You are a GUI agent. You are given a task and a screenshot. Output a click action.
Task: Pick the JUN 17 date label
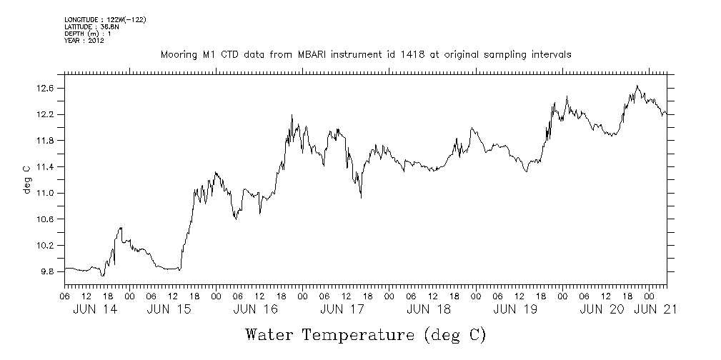(x=342, y=309)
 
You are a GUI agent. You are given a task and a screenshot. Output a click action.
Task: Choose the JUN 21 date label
(x=655, y=309)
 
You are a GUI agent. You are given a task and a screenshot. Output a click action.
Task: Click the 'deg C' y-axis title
(x=26, y=179)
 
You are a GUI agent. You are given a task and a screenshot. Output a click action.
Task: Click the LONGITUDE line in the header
(x=105, y=19)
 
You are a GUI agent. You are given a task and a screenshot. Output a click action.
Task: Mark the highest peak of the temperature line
(x=637, y=86)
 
